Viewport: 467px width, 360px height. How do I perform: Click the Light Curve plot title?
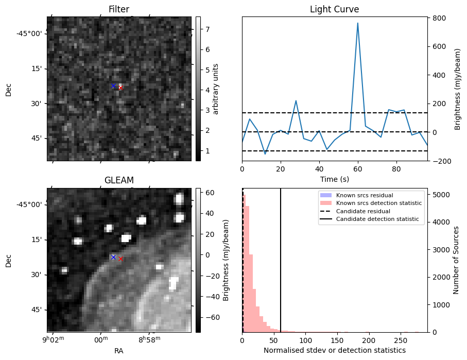[x=334, y=9]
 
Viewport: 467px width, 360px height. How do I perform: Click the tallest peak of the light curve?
[x=357, y=23]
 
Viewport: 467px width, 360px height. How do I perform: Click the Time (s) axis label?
[x=334, y=178]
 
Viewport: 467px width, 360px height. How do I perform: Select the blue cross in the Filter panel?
[x=113, y=85]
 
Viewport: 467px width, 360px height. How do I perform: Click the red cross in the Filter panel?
[x=120, y=88]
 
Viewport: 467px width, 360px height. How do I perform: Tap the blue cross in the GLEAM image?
[x=113, y=257]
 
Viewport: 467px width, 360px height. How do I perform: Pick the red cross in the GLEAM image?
[x=120, y=259]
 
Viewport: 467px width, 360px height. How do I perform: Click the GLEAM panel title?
[x=119, y=180]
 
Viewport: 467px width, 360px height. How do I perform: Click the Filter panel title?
[x=119, y=9]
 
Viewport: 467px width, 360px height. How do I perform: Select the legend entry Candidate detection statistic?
[x=378, y=220]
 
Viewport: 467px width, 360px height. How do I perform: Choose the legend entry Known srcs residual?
[x=364, y=195]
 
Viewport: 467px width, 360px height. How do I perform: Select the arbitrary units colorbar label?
[x=216, y=89]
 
